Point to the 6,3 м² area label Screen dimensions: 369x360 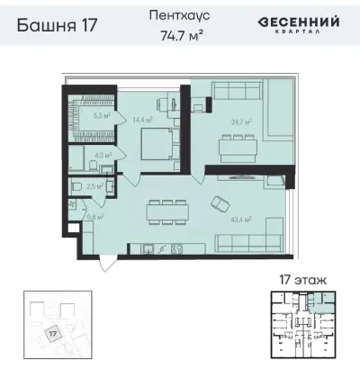click(102, 115)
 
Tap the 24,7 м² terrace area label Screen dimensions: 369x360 click(240, 122)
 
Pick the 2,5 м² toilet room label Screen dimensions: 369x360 click(92, 186)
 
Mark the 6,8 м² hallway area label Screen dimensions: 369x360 click(93, 216)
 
